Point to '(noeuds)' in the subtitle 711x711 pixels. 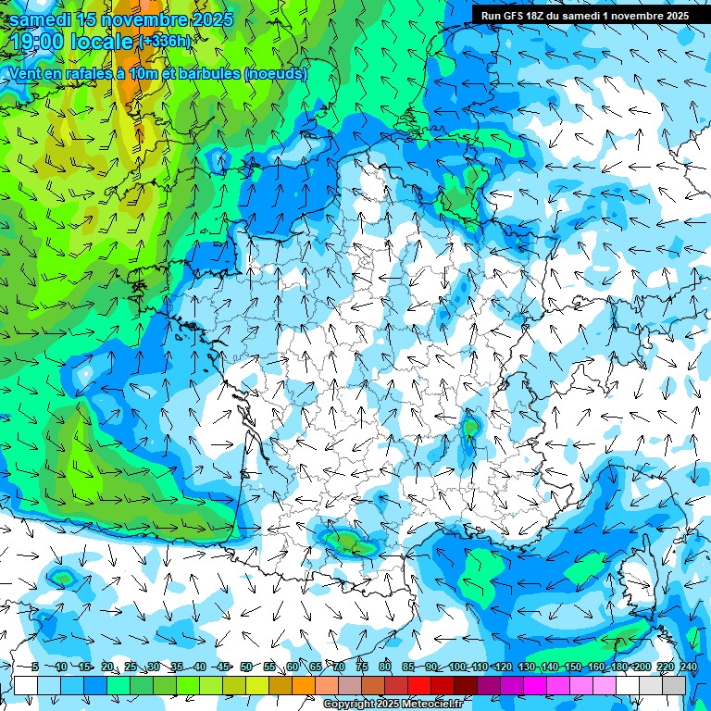[x=276, y=74]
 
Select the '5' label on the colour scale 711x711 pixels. [x=34, y=667]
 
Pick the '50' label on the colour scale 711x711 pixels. [x=245, y=667]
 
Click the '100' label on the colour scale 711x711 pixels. [x=457, y=667]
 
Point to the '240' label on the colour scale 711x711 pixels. [x=689, y=667]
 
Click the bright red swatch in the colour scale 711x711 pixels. [x=419, y=686]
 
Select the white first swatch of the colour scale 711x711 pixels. [x=26, y=686]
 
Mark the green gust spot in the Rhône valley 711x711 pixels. [x=471, y=426]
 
